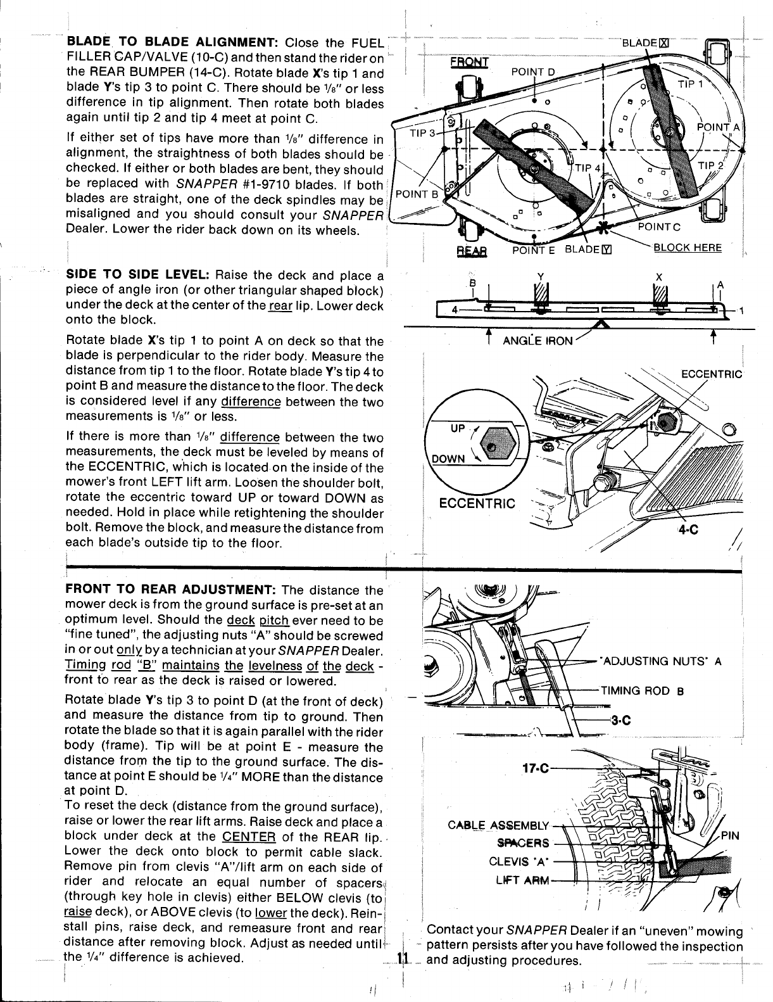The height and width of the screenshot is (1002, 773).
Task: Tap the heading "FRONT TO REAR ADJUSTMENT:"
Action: click(170, 590)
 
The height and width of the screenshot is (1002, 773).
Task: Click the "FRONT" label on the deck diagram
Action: click(469, 62)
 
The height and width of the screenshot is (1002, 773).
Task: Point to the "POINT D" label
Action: click(532, 71)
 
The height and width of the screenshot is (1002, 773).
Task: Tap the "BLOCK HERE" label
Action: click(688, 247)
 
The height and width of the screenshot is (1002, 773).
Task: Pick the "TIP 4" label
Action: click(588, 168)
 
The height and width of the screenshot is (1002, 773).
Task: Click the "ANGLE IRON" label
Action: click(538, 341)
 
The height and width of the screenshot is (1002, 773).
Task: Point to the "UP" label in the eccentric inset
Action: click(458, 429)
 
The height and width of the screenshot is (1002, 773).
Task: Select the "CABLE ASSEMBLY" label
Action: click(498, 825)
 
